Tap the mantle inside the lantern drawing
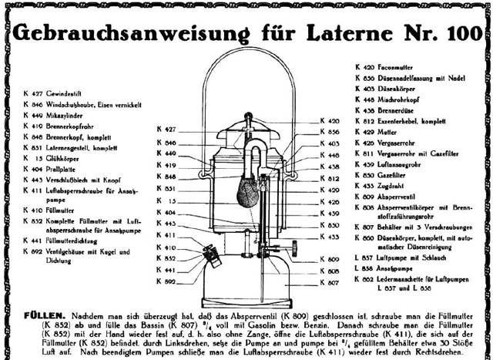pos(247,188)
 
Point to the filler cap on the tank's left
pos(209,253)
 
